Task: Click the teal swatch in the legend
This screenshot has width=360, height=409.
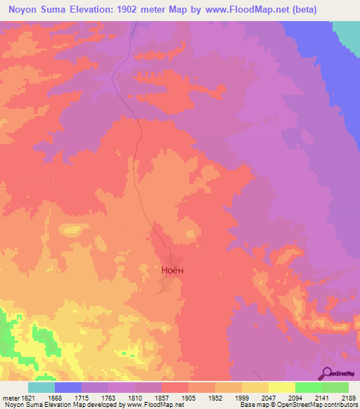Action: tap(41, 387)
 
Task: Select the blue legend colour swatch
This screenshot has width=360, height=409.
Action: tap(68, 387)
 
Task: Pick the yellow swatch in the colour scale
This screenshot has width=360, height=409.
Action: tap(281, 387)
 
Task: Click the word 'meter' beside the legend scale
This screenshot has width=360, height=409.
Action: tap(10, 398)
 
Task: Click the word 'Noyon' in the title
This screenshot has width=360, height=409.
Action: tap(25, 10)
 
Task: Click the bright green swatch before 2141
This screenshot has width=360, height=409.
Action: tap(308, 387)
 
